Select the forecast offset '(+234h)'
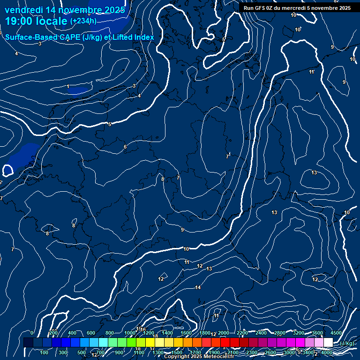[x=83, y=21]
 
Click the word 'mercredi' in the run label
[x=291, y=8]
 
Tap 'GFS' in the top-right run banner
[x=260, y=8]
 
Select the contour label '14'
[x=198, y=287]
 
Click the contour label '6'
[x=125, y=147]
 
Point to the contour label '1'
[x=68, y=87]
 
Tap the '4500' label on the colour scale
[x=336, y=333]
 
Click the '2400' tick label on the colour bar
[x=261, y=333]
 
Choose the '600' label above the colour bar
[x=91, y=333]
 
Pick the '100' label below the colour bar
[x=45, y=352]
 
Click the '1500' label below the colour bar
[x=177, y=352]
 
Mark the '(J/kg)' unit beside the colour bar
[x=347, y=343]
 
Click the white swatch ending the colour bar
[x=328, y=343]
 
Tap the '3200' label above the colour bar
[x=299, y=333]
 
